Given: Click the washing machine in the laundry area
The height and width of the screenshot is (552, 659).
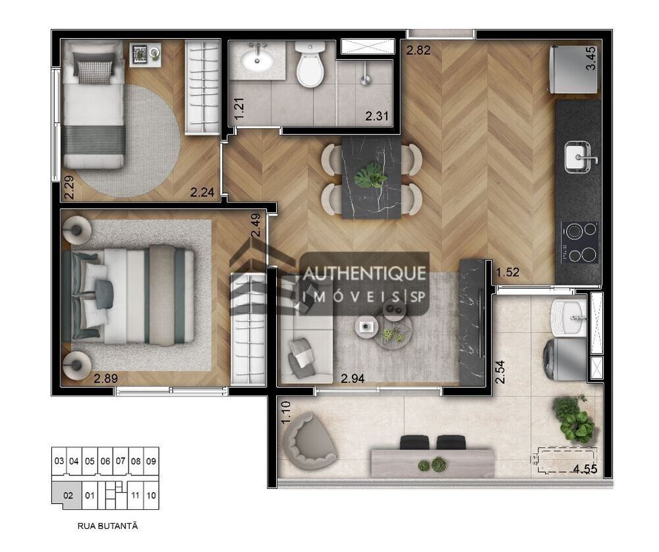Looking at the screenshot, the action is click(565, 359).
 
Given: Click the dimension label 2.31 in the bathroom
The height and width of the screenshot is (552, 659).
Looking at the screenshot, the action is click(376, 115).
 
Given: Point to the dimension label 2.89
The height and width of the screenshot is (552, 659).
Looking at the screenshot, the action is click(105, 379).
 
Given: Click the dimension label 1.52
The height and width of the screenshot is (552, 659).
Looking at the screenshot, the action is click(507, 272).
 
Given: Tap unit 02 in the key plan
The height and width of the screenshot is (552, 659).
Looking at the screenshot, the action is click(68, 495).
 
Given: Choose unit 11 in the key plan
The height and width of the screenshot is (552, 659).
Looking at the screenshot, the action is click(135, 495).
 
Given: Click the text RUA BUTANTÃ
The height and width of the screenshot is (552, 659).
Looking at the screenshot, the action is click(107, 526).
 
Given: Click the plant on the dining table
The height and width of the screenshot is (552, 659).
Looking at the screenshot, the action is click(370, 176).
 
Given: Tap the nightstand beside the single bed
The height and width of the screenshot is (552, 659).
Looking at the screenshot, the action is click(145, 54).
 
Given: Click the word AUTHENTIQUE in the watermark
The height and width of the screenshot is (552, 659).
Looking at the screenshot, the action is click(364, 274).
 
